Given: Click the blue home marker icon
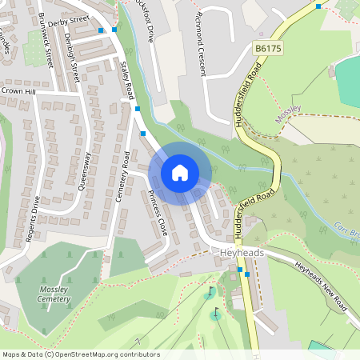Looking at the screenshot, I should (x=180, y=173).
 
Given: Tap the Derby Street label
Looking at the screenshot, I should (x=69, y=20).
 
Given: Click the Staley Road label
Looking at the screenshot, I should (x=126, y=80).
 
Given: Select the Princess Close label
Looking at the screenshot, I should (x=157, y=214).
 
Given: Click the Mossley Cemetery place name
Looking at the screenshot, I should (x=54, y=294).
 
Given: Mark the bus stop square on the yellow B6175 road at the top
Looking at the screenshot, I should (x=318, y=6).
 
